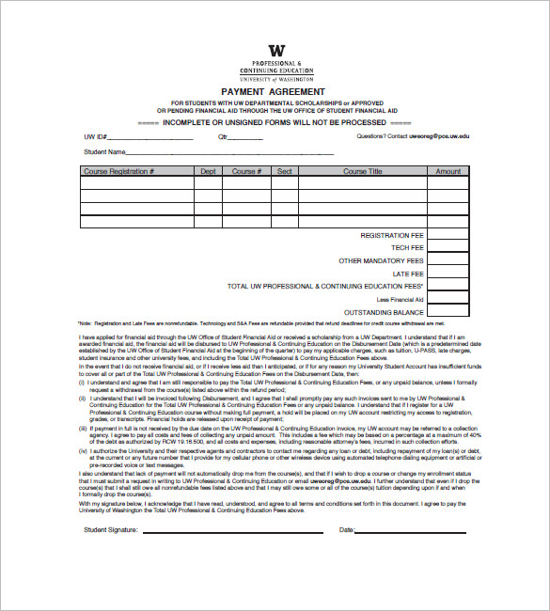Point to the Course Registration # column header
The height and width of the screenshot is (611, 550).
click(x=119, y=172)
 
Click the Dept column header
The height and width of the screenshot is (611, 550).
click(x=208, y=172)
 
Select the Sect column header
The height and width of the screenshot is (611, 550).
click(x=284, y=172)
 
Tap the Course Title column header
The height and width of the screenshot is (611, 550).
click(x=362, y=172)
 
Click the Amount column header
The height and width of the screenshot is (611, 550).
click(x=448, y=172)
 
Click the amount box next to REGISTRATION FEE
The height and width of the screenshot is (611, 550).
click(x=448, y=235)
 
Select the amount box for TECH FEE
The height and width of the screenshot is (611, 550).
click(x=448, y=248)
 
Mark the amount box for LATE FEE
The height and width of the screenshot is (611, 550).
click(x=448, y=274)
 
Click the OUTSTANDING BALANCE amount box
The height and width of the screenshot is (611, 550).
click(x=448, y=311)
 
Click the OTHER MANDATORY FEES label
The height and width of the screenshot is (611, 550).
click(x=381, y=261)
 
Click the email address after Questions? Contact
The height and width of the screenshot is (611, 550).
click(x=438, y=136)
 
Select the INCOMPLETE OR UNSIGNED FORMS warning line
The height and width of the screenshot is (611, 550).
click(x=275, y=122)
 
